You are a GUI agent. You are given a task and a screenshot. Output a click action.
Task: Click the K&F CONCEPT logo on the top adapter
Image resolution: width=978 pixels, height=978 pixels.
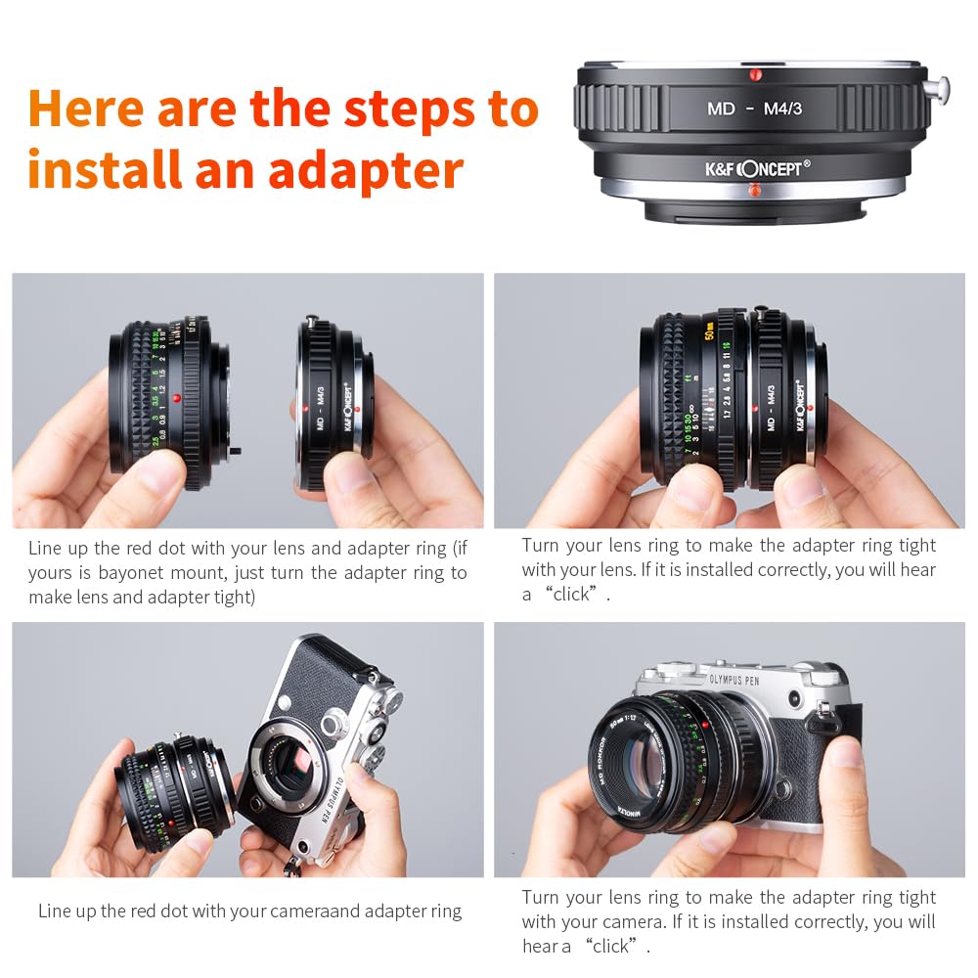click(753, 168)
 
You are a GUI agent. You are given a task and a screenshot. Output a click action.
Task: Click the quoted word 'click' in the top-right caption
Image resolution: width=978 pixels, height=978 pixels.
click(571, 594)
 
